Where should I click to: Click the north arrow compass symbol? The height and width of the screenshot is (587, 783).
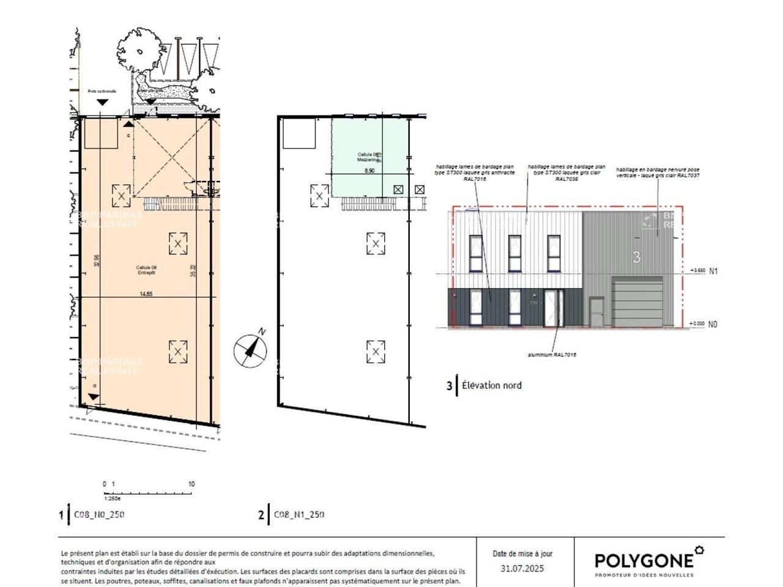pos(250,349)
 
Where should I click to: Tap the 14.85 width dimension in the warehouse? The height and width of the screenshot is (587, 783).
pos(146,294)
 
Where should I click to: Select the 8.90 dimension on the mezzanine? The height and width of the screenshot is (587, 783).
pos(369,171)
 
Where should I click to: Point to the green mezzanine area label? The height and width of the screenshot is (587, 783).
pos(369,157)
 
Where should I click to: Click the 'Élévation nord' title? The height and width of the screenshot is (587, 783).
pos(491,385)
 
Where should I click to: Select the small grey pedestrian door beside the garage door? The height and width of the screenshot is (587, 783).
pos(596,312)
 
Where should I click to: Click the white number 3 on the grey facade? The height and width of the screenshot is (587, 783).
pos(636,257)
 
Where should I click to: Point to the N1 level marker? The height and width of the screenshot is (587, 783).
pos(713,270)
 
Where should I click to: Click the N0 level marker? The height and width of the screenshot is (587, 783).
pos(713,325)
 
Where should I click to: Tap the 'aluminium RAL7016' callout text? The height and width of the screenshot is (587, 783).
pos(552,355)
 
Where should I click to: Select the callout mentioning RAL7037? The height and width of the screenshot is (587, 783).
pos(658,172)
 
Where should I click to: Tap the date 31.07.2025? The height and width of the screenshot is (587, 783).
pos(522,569)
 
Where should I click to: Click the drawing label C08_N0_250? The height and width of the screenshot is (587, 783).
pos(99,514)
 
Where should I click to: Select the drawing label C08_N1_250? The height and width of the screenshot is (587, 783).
pos(299,514)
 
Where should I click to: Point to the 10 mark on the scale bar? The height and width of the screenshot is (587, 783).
pos(191,484)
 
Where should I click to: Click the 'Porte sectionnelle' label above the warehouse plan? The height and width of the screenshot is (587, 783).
pos(102,91)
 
